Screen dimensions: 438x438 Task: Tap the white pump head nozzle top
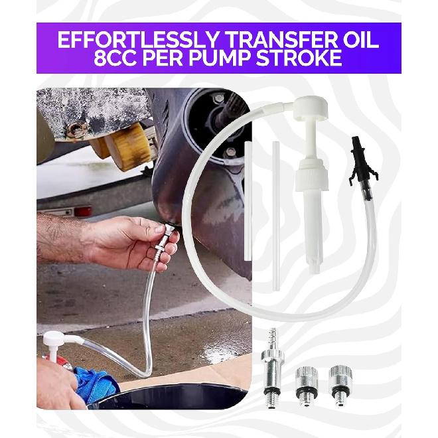311,107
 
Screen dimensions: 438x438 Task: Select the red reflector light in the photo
83,211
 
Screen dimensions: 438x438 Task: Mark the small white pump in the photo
60,345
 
